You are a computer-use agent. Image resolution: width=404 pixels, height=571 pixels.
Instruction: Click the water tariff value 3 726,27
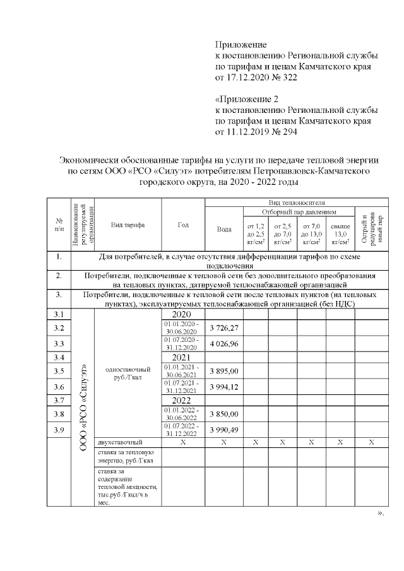(224, 328)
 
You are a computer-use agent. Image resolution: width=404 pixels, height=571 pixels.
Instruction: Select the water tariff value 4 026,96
(224, 344)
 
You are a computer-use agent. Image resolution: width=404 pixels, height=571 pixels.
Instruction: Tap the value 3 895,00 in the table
(224, 371)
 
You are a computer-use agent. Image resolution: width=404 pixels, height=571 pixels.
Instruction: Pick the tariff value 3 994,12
(224, 387)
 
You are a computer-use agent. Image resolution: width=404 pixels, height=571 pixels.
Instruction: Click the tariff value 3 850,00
(224, 414)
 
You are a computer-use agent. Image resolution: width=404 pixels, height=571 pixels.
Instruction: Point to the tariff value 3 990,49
(224, 430)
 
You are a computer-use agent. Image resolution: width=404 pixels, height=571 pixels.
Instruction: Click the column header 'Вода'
(224, 229)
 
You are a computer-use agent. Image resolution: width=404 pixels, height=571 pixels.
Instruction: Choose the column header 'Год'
(184, 225)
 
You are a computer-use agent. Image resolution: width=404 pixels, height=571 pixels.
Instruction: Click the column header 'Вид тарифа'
(128, 225)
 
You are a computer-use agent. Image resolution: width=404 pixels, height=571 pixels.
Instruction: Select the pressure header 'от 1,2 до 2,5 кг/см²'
(255, 233)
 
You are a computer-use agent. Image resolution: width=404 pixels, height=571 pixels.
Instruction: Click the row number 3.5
(59, 371)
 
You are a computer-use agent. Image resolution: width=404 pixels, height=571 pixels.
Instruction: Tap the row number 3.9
(59, 430)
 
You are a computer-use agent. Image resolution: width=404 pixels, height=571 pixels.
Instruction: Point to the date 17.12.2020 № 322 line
(256, 78)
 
